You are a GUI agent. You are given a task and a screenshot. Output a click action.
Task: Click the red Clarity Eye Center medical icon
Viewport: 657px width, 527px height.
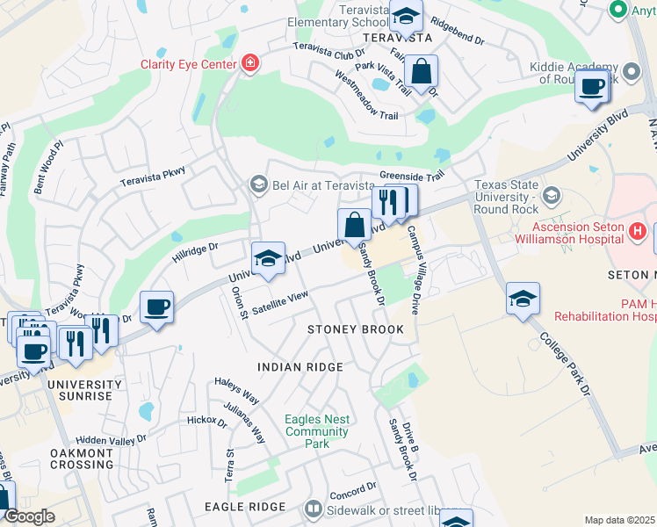coord(251,63)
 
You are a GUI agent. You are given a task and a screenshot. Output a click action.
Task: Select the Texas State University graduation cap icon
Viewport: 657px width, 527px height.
coord(552,194)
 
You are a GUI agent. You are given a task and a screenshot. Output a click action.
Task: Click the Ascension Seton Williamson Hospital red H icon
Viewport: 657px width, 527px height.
coord(638,231)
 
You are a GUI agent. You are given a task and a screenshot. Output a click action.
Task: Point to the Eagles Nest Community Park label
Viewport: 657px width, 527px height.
coord(316,431)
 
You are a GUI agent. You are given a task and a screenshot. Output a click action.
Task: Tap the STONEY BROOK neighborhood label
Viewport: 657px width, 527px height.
coord(355,329)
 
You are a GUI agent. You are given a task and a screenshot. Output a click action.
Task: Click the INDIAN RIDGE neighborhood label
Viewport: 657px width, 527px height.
coord(298,365)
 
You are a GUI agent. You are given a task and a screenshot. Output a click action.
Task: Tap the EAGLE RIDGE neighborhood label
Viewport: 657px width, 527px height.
coord(244,507)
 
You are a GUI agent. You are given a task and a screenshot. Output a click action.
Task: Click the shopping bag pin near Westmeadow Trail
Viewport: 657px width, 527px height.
coord(422,72)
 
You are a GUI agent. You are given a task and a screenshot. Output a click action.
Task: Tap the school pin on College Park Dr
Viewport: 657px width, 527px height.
coord(523,299)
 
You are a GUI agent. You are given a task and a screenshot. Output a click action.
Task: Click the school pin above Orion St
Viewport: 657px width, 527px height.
coord(268,257)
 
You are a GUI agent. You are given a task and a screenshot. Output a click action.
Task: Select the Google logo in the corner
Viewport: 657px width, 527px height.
coord(29,517)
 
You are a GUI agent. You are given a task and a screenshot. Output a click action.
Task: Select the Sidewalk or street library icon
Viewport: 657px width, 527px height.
coord(313,508)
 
